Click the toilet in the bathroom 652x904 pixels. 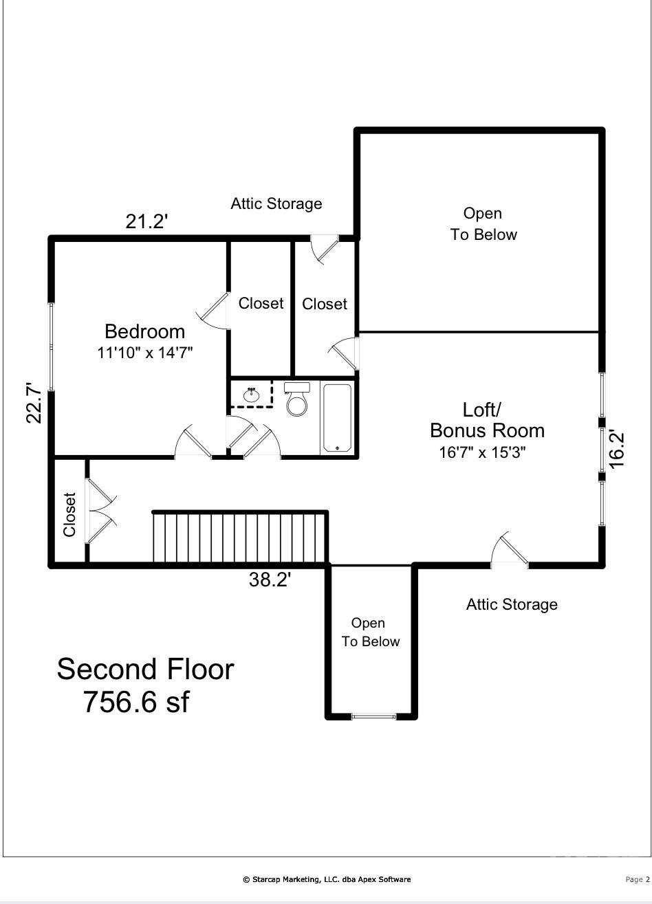(297, 400)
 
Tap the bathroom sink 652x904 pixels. (252, 395)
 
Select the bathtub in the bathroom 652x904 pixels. (337, 417)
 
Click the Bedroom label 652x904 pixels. (144, 331)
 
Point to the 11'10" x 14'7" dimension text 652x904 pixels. (144, 353)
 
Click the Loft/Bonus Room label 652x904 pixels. (486, 420)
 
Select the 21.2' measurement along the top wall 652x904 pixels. (146, 221)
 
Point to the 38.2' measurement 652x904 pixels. (270, 580)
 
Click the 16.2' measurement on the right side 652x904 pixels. (617, 450)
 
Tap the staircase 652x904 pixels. (239, 538)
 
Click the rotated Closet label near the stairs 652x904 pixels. (69, 514)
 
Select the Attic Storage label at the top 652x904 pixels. (276, 203)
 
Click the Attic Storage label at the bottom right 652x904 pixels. (512, 604)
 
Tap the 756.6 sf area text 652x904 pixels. (135, 702)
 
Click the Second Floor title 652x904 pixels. (145, 669)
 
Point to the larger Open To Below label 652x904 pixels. (483, 224)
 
